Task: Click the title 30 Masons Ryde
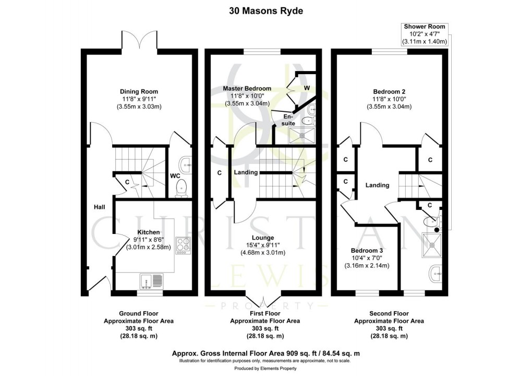(x=266, y=10)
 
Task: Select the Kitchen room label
(x=148, y=232)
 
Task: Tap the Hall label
(x=100, y=207)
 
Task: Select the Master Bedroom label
(x=247, y=88)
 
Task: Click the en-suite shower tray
(x=302, y=135)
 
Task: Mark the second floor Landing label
(x=377, y=185)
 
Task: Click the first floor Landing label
(x=246, y=172)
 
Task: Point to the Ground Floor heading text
(x=138, y=313)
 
